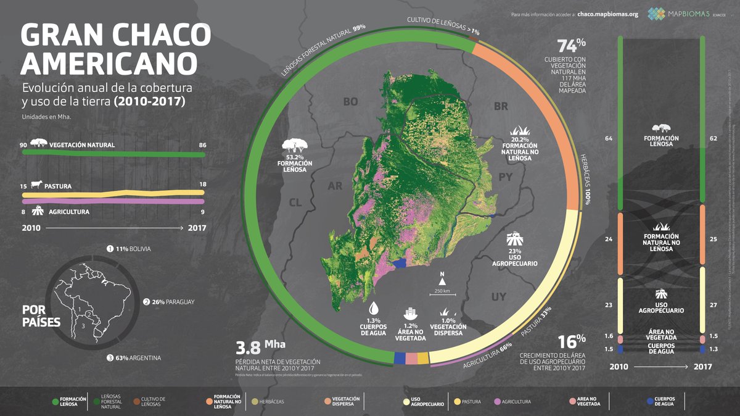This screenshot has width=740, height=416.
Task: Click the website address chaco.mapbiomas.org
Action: pos(607,14)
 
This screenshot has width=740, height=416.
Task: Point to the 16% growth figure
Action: pos(571,342)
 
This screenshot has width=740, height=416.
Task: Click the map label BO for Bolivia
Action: pos(350,102)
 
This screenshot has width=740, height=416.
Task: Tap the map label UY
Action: pos(498,297)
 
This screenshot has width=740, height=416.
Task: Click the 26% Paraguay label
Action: pos(172,302)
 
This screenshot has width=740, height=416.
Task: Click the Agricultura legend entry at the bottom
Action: pos(512,402)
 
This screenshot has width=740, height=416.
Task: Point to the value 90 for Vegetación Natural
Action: pos(23,144)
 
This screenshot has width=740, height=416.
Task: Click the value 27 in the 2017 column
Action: pos(713,304)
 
